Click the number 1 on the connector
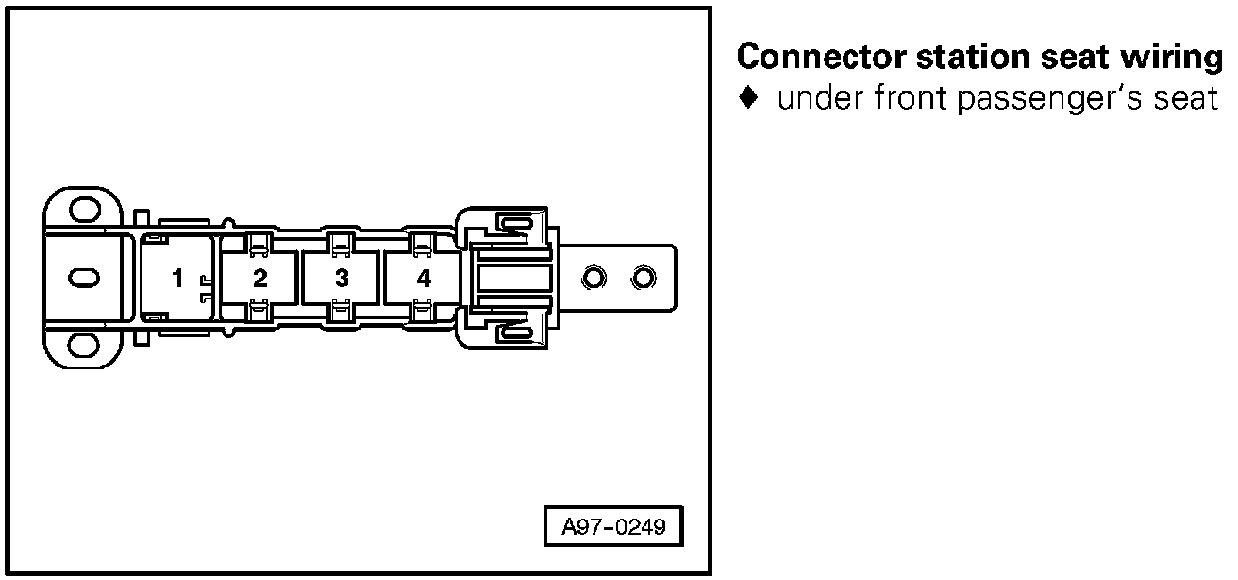pos(177,279)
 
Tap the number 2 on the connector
pos(260,279)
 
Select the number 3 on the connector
pos(343,279)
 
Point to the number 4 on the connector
pos(425,279)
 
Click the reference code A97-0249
pos(613,526)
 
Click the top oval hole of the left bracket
pos(85,210)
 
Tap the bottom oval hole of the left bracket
pos(85,346)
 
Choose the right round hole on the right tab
pos(644,278)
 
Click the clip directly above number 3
pos(342,244)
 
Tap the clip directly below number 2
pos(259,312)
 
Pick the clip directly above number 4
pos(424,244)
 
